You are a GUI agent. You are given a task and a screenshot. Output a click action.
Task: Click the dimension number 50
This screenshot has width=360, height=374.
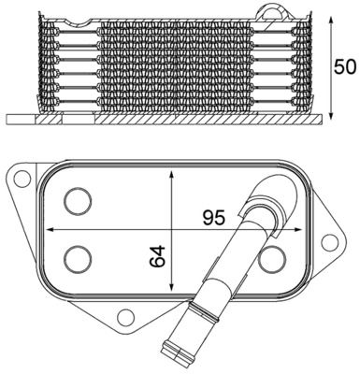coord(346,67)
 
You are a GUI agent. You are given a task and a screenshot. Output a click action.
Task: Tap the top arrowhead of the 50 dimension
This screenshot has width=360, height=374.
coord(332,11)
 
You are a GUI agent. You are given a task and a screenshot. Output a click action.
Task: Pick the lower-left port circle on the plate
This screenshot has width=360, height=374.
coord(76,256)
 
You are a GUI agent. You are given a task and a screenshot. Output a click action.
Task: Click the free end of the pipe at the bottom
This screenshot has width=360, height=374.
coord(177,354)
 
